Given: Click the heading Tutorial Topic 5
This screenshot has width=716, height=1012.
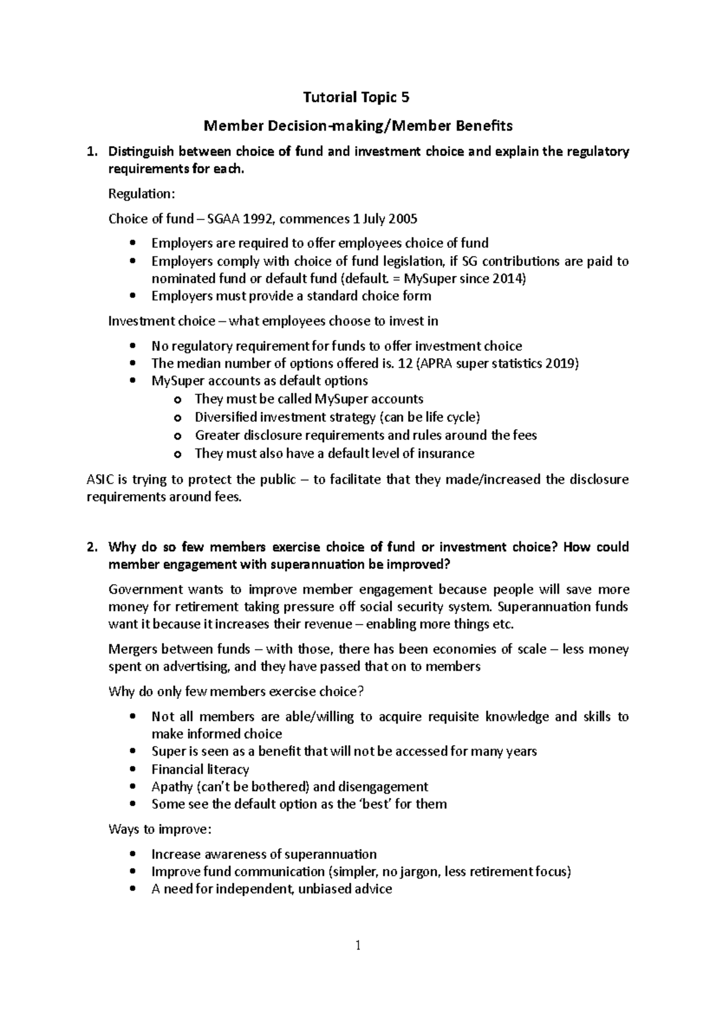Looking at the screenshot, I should coord(357,97).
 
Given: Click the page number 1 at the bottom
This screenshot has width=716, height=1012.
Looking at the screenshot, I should coord(358,945).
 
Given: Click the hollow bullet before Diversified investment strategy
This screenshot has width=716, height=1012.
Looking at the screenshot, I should coord(177,418).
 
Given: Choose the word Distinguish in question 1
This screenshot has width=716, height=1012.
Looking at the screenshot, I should coord(142,151).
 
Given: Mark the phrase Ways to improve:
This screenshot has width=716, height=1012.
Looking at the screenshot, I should coord(159,829).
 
